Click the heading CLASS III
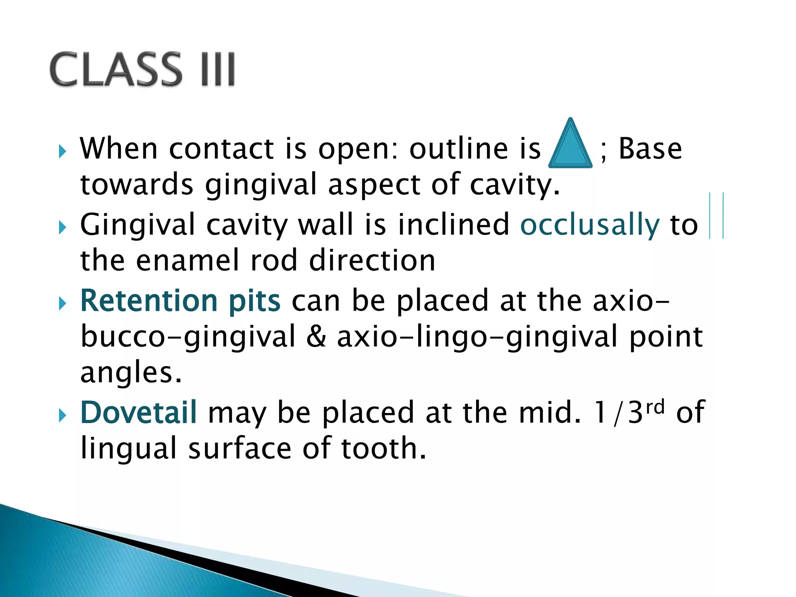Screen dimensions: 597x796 pyautogui.click(x=142, y=69)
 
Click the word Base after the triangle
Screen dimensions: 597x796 pyautogui.click(x=650, y=148)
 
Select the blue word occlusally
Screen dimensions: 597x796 pyautogui.click(x=590, y=225)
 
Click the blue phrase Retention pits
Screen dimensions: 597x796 pyautogui.click(x=180, y=301)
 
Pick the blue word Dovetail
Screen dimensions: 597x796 pyautogui.click(x=138, y=412)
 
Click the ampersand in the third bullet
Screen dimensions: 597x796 pyautogui.click(x=316, y=337)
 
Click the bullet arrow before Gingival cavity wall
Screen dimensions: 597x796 pyautogui.click(x=62, y=227)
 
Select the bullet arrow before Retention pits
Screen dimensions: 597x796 pyautogui.click(x=62, y=304)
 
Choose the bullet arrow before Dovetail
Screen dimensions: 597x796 pyautogui.click(x=62, y=415)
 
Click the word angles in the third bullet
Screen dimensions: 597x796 pyautogui.click(x=131, y=373)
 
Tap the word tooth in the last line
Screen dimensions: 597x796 pyautogui.click(x=383, y=448)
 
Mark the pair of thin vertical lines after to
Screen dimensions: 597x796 pyautogui.click(x=716, y=216)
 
